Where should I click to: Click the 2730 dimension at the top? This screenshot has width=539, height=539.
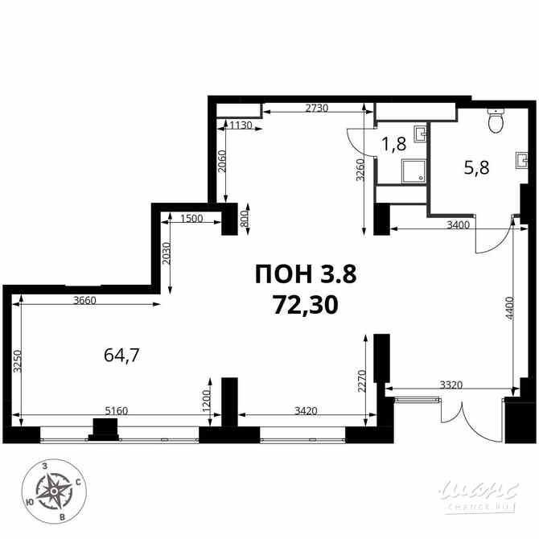point(316,109)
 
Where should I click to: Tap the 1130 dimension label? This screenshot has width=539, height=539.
point(241,125)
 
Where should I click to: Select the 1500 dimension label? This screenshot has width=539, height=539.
point(191,219)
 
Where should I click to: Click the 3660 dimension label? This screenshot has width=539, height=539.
point(85,301)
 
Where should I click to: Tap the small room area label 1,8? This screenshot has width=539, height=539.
point(393,145)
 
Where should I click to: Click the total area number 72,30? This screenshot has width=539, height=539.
point(305,304)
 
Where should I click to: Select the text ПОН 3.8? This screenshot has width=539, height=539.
point(304,274)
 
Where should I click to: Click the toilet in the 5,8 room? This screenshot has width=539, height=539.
point(495,122)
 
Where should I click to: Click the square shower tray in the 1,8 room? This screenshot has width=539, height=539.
point(414,170)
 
